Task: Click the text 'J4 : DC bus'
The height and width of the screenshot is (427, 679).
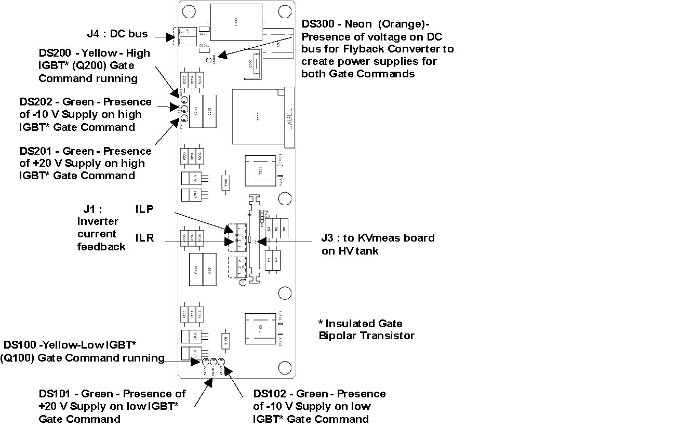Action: point(117,34)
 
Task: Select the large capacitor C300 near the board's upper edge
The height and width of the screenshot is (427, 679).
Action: point(236,22)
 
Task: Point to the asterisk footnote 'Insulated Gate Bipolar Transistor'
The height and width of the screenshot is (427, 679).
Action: point(366,329)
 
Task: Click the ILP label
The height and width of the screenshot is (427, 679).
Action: point(144,209)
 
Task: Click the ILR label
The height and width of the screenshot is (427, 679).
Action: point(144,238)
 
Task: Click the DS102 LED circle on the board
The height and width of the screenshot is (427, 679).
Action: point(221,362)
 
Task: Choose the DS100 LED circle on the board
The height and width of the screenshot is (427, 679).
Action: point(206,362)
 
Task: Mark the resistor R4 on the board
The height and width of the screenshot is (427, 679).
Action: point(269,228)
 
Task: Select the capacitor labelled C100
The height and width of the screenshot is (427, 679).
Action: point(196,269)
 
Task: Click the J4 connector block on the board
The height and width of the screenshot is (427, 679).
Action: point(184,37)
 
